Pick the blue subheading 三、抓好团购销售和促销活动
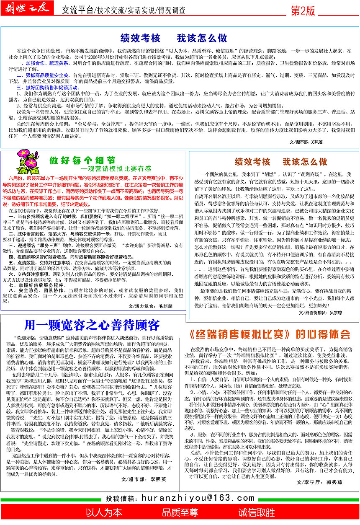(47, 88)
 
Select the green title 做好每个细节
(82, 160)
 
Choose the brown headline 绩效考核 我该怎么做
(281, 162)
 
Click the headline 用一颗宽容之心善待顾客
(92, 325)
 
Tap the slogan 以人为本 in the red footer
(104, 512)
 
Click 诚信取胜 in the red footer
(257, 512)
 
